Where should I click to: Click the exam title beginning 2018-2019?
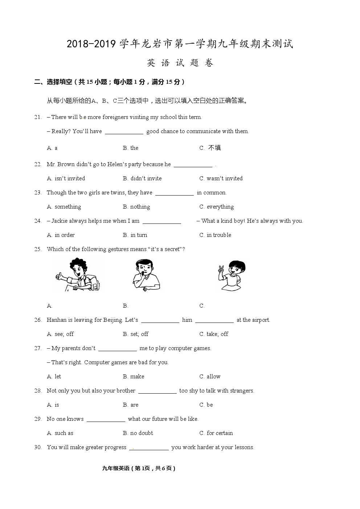pos(180,44)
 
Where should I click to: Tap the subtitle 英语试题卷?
pos(180,63)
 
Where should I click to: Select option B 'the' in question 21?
pos(131,148)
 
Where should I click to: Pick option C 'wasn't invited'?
pos(221,178)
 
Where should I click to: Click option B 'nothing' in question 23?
pos(136,207)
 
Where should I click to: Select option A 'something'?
pos(64,207)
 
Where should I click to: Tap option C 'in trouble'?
pos(215,235)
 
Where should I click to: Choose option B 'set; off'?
pos(136,334)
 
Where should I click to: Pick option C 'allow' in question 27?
pos(210,377)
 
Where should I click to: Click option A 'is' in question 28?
pos(53,405)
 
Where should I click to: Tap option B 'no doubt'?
pos(138,433)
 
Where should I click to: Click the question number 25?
pos(38,249)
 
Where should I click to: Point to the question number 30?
pos(38,447)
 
